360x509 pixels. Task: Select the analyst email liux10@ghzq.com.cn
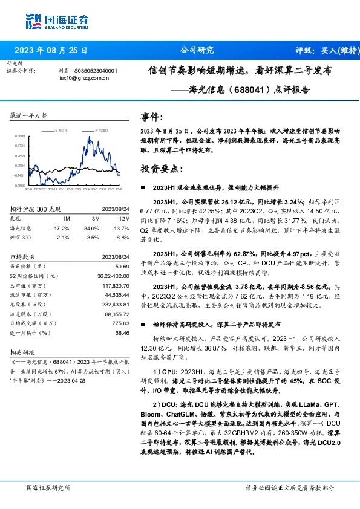(x=83, y=78)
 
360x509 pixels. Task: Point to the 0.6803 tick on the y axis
(x=20, y=137)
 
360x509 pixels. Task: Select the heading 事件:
(x=151, y=117)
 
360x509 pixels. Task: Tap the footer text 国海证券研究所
(x=49, y=487)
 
